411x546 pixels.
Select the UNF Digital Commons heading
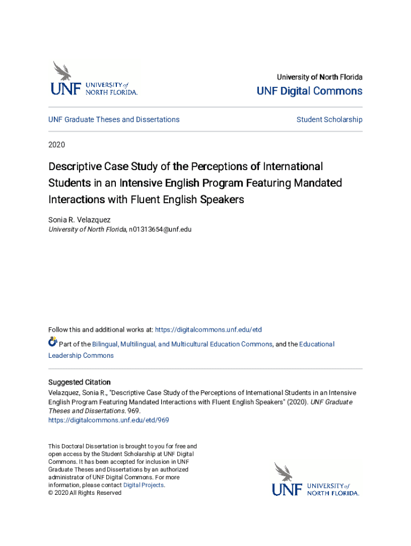[309, 91]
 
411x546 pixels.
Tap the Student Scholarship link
[329, 119]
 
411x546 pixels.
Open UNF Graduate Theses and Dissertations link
[114, 119]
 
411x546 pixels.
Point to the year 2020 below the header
[57, 144]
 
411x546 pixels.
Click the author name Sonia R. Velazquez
[80, 219]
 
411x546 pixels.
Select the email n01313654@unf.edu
[160, 229]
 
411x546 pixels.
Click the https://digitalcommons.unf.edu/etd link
[208, 330]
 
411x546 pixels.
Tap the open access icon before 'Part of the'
[52, 342]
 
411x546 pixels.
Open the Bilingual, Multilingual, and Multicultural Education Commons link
[182, 344]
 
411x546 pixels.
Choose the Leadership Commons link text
[81, 356]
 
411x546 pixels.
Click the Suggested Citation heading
[80, 382]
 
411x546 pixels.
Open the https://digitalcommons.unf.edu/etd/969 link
[109, 420]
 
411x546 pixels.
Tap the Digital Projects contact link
[144, 485]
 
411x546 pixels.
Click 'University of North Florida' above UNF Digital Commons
[319, 77]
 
